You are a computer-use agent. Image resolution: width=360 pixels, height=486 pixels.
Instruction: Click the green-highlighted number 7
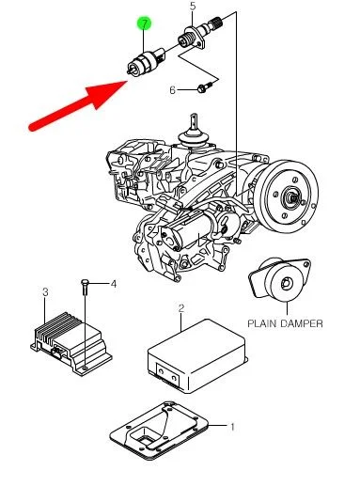pos(144,24)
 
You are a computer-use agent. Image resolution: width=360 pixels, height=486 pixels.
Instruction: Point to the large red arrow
pos(78,104)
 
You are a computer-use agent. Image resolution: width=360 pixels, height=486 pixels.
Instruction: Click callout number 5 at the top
pos(193,6)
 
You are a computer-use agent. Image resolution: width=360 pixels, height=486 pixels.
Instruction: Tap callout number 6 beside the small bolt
pos(172,90)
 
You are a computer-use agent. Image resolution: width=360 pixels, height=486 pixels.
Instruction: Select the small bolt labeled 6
pos(205,86)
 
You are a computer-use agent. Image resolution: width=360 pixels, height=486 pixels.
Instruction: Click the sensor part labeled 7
pos(146,62)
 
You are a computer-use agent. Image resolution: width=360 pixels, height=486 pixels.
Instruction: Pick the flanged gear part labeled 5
pos(199,35)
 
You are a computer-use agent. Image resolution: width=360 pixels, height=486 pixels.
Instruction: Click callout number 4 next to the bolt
pos(114,284)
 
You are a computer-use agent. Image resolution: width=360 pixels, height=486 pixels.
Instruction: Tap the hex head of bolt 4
pos(85,282)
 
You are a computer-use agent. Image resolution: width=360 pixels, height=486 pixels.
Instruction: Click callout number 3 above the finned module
pos(45,292)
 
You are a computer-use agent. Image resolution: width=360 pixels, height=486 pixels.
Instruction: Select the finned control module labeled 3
pos(71,343)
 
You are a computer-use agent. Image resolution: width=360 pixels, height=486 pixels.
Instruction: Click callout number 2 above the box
pos(181,308)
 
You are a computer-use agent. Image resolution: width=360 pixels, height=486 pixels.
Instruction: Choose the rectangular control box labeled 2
pos(197,355)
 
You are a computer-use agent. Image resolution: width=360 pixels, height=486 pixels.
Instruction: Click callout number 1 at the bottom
pos(232,427)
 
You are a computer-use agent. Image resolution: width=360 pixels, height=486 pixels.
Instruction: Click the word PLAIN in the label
pos(261,323)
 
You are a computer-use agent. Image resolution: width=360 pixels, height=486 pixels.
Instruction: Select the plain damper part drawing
pos(280,279)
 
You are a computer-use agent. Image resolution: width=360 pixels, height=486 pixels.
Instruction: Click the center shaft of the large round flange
pos(293,198)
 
